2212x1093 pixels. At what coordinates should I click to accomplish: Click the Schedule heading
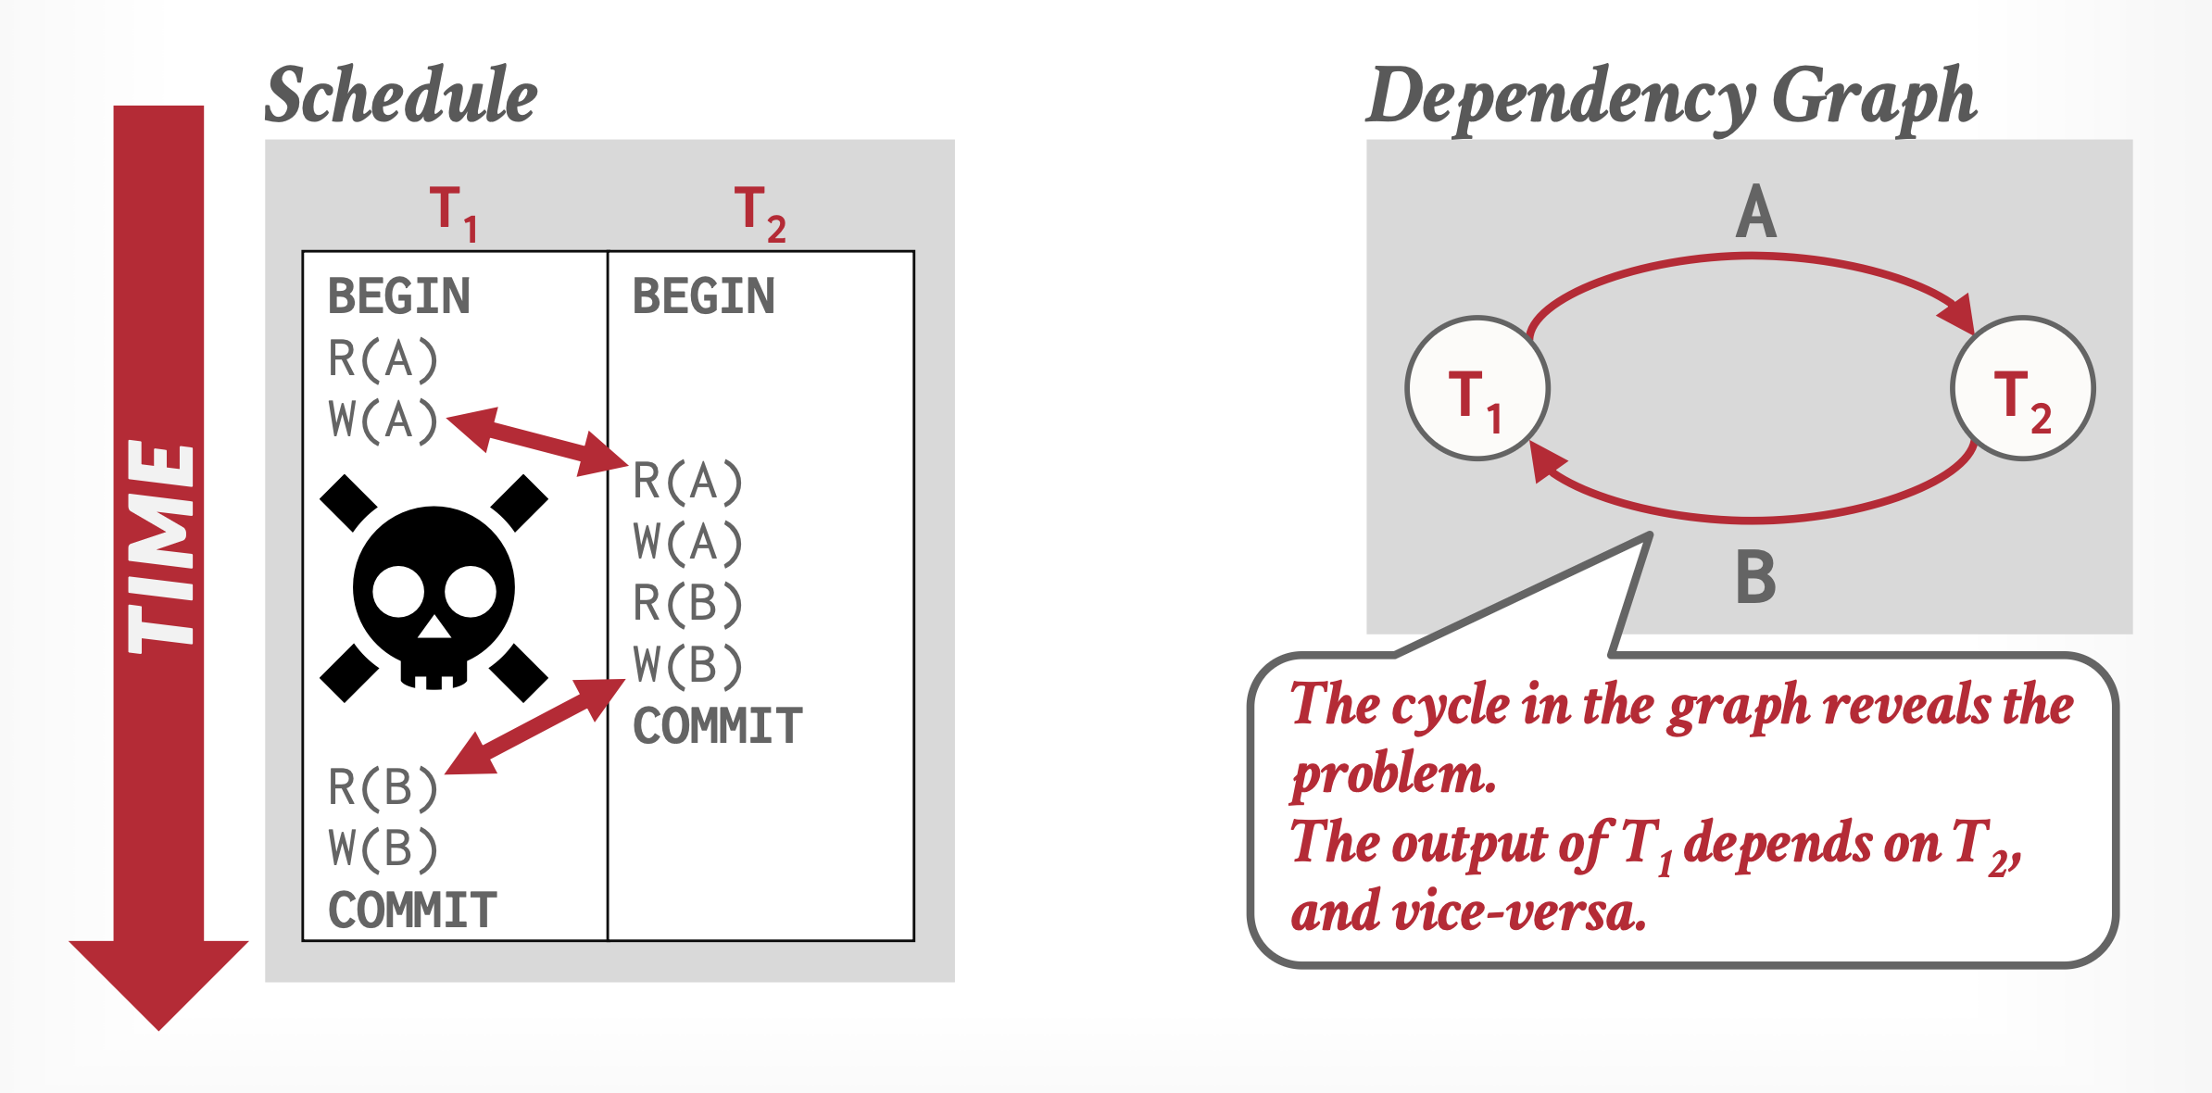401,95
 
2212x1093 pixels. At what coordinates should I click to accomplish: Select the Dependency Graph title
1671,97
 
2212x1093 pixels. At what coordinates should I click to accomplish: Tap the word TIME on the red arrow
161,546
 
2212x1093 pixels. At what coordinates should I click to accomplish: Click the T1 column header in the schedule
453,213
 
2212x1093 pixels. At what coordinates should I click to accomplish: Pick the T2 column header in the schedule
759,213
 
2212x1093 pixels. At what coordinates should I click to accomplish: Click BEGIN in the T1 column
399,296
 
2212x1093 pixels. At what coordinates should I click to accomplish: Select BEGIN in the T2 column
703,296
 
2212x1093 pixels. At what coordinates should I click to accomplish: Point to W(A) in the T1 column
383,421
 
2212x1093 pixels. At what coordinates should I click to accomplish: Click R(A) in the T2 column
687,482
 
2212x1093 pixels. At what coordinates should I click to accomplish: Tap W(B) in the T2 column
687,665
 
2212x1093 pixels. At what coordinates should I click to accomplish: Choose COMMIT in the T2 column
717,726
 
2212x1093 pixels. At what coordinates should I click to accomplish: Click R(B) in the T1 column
383,787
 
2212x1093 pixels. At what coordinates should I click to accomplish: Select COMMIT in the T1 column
412,911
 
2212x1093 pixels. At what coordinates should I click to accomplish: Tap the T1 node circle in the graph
1477,389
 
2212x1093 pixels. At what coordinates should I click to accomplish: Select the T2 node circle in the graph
2022,389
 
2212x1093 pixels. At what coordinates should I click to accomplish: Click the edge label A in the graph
1755,213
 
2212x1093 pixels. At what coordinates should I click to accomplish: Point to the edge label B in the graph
1755,577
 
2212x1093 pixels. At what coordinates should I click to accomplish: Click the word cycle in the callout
1450,706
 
